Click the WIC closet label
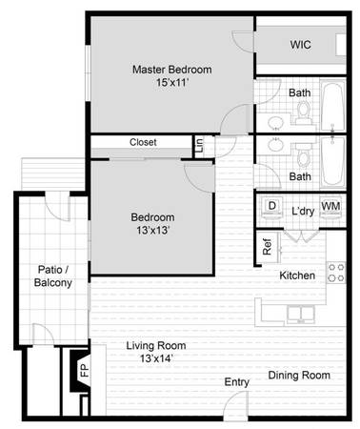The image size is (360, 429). [300, 45]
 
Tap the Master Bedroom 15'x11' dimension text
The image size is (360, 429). [172, 83]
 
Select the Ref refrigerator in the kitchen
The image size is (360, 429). [269, 247]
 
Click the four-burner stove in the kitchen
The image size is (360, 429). [336, 273]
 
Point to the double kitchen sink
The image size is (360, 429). [301, 315]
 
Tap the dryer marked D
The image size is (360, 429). [271, 207]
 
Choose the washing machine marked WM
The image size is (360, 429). [330, 207]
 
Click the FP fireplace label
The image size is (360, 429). [85, 370]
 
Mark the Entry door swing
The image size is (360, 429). [235, 405]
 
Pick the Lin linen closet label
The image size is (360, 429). [199, 145]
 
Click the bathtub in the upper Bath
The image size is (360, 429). [333, 106]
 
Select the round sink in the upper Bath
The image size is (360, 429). [275, 122]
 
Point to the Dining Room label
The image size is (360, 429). [299, 376]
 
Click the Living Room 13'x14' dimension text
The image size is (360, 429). [156, 358]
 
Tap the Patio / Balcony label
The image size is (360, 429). [53, 276]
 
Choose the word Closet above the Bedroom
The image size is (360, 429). [143, 142]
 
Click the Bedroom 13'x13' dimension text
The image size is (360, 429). [152, 230]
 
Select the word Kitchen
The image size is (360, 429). [297, 276]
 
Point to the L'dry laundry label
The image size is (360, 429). [303, 211]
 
